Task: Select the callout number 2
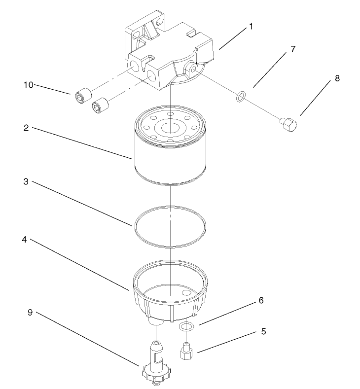[x=26, y=128]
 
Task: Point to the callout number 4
[x=26, y=240]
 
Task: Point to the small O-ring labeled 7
[x=239, y=97]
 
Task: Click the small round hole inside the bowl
[x=186, y=292]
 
